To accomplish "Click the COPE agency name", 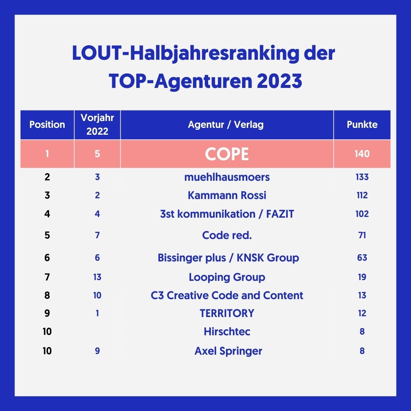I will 227,154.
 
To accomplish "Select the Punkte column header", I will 362,125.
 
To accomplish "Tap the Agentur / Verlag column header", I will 226,125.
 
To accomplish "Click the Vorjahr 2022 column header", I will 97,124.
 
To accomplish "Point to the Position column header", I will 47,125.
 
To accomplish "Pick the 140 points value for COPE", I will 362,154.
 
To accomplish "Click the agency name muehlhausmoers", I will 227,177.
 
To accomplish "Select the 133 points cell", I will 362,177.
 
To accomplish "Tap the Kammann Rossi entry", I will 227,196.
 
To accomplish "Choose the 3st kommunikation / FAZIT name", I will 227,214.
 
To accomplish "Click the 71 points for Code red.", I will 362,235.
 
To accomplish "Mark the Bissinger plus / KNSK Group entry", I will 228,258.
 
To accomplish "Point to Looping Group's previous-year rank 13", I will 97,277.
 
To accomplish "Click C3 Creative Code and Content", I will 227,295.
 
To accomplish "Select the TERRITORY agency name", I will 227,313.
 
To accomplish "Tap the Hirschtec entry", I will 227,331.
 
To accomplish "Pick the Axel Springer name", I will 228,351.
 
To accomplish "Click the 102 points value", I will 362,214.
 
